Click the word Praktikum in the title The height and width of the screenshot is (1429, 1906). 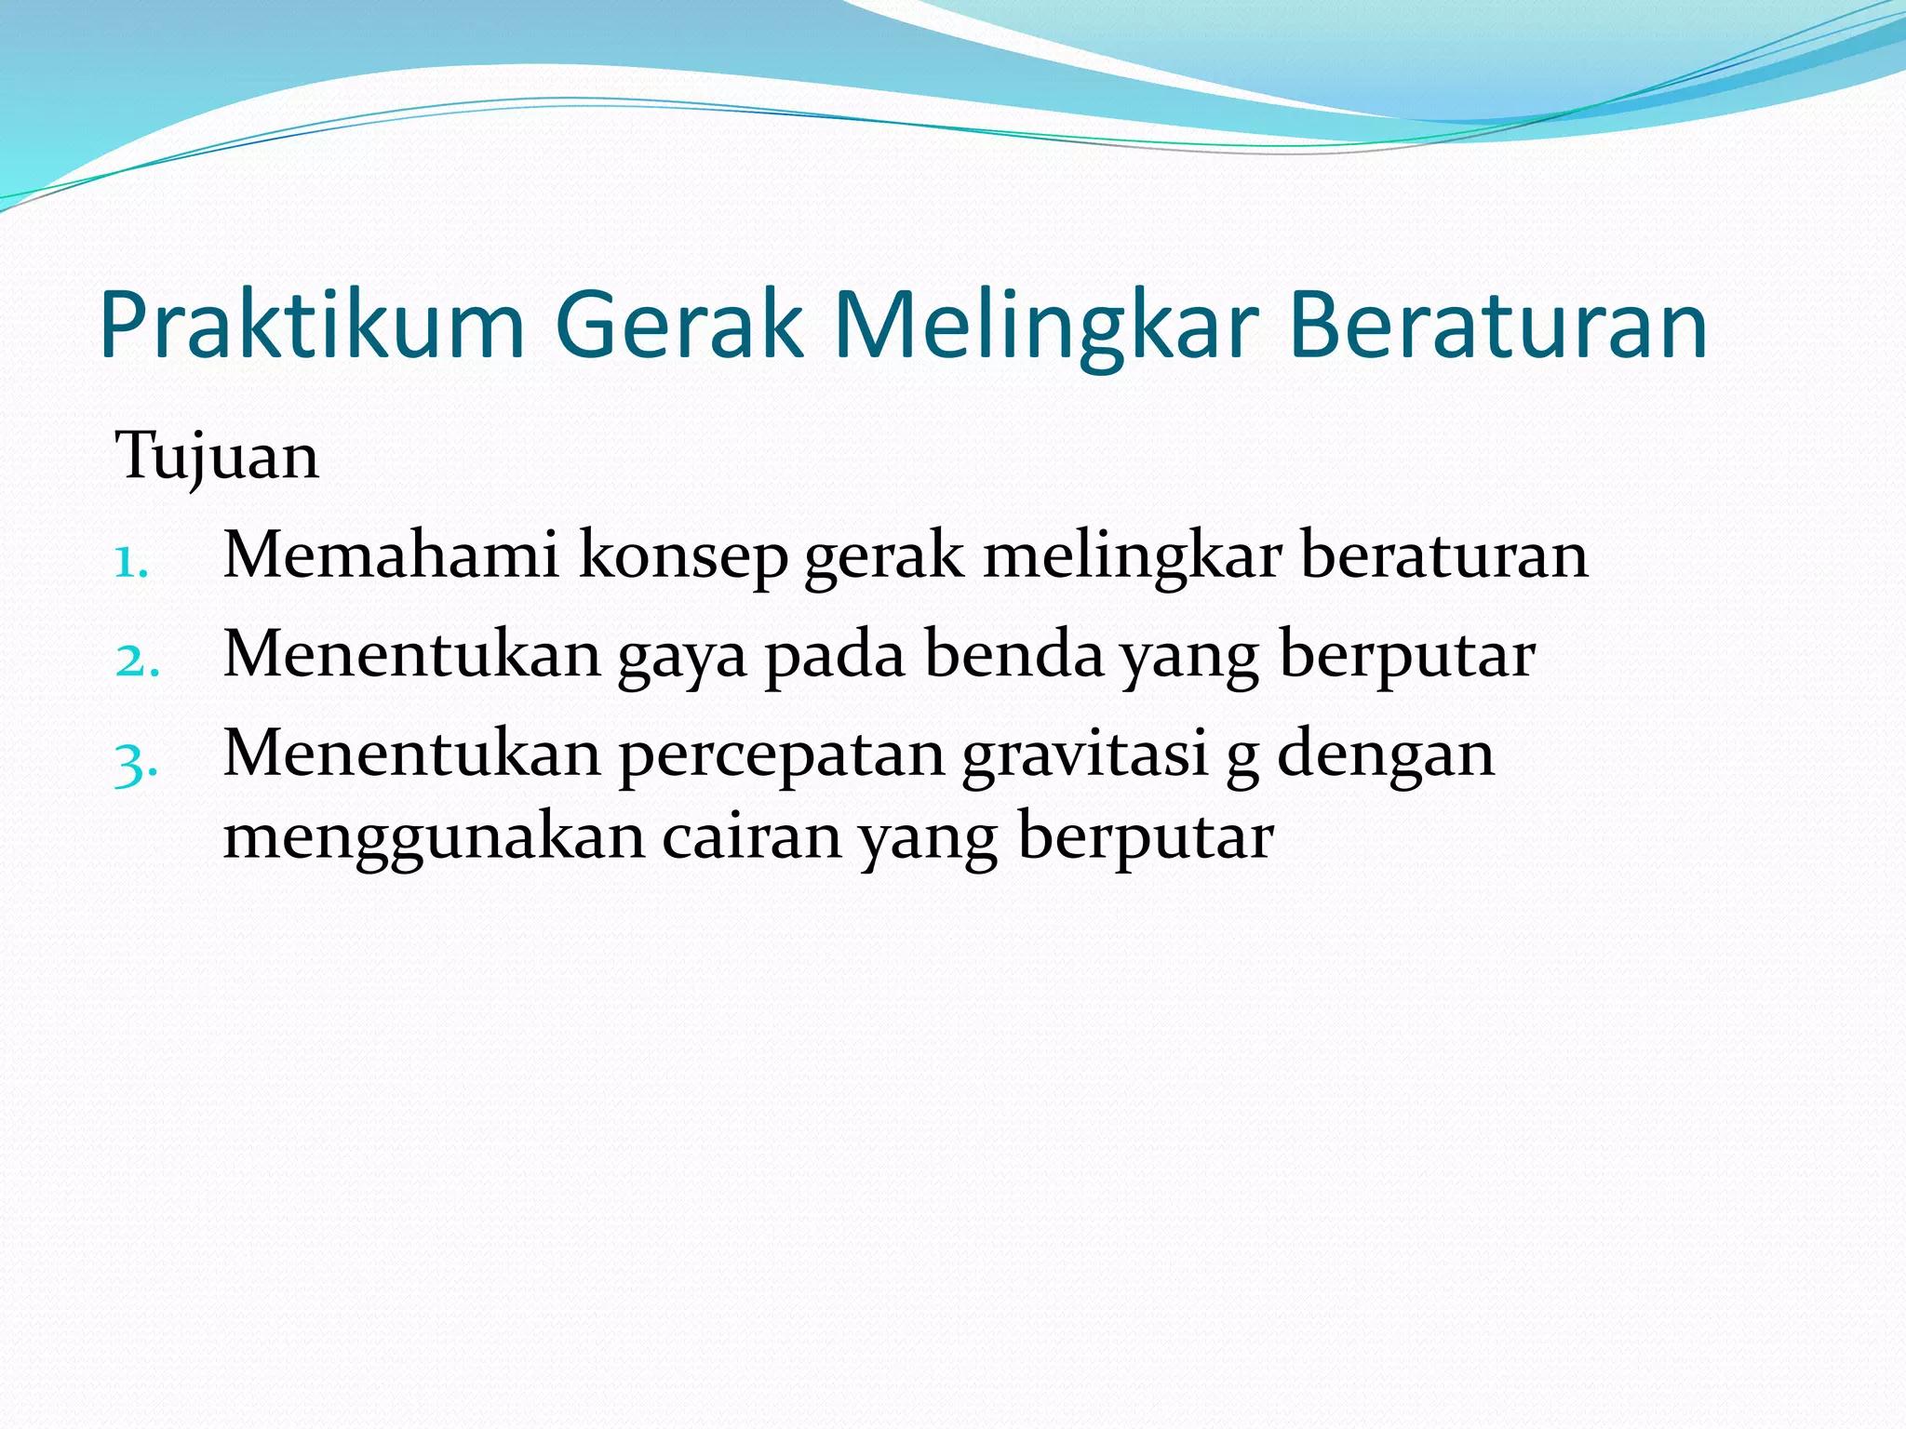[312, 326]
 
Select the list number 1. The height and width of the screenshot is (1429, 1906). [131, 562]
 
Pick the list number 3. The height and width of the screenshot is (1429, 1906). [136, 765]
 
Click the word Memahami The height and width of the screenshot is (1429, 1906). [391, 555]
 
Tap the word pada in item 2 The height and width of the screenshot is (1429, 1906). [836, 657]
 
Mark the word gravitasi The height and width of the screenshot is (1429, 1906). [1084, 755]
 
